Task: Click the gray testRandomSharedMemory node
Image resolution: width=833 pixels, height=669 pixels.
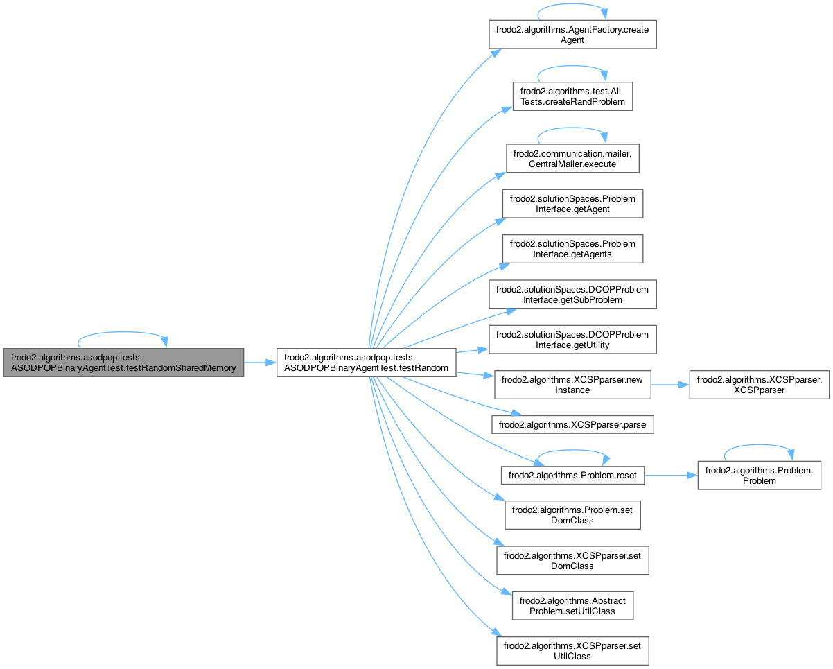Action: [123, 363]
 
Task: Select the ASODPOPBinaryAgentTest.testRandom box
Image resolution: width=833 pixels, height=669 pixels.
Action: [366, 363]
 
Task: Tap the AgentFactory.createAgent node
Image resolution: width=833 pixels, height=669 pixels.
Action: [572, 34]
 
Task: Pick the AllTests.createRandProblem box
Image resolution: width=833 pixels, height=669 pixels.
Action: [572, 96]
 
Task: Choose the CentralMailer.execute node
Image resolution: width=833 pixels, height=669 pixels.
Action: [572, 158]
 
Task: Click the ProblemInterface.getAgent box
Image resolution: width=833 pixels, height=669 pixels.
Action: [572, 203]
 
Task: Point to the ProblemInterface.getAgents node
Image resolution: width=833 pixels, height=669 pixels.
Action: [572, 249]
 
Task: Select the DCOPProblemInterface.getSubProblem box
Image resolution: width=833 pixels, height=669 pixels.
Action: [572, 294]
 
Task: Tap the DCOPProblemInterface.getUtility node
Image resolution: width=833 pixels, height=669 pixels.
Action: [572, 340]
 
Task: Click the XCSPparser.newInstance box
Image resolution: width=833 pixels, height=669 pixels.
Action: [572, 385]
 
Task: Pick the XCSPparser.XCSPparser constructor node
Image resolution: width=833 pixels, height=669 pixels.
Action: [759, 385]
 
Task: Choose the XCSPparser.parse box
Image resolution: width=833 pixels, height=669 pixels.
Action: [572, 422]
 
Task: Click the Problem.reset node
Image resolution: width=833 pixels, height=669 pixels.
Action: [572, 475]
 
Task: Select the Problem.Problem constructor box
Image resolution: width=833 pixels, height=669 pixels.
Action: [759, 475]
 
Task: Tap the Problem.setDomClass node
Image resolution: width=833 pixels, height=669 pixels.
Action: [572, 515]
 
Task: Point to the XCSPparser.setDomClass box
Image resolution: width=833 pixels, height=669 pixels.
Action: [572, 560]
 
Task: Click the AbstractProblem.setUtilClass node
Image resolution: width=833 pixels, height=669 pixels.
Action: [572, 606]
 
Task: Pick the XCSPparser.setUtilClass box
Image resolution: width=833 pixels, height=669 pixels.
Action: [572, 651]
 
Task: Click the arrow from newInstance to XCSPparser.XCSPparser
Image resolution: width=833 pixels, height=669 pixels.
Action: [669, 385]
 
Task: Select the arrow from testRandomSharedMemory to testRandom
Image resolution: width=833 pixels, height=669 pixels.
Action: [261, 363]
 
